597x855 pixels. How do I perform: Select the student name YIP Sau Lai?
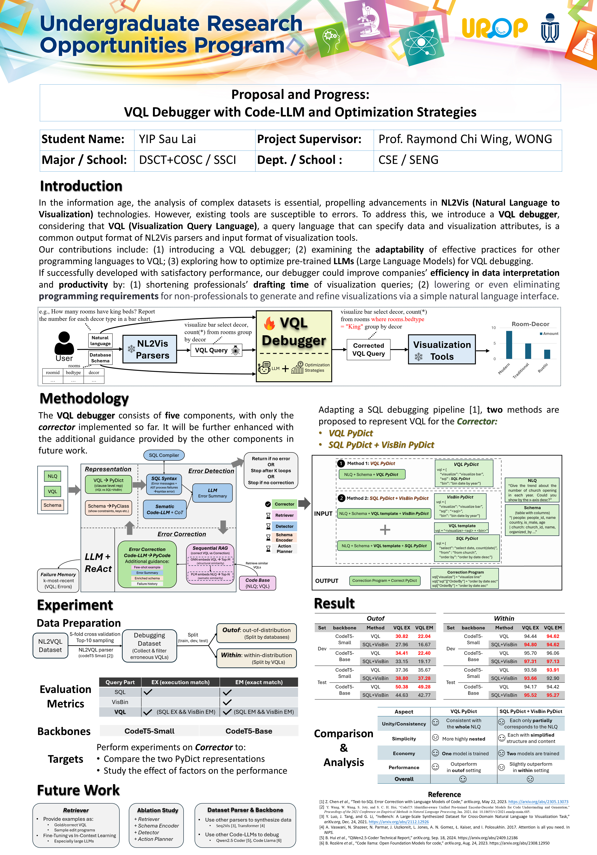click(x=167, y=139)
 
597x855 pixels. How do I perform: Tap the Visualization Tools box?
click(x=442, y=350)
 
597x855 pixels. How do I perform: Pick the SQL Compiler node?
click(x=164, y=455)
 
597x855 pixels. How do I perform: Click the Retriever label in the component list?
click(x=284, y=515)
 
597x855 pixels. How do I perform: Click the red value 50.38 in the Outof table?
click(x=402, y=687)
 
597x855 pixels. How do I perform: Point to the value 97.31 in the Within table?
click(x=530, y=661)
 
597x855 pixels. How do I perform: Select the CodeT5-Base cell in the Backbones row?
click(x=249, y=731)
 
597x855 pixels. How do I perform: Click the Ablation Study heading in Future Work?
click(x=157, y=810)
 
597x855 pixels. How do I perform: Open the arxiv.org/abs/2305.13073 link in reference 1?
click(x=538, y=802)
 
